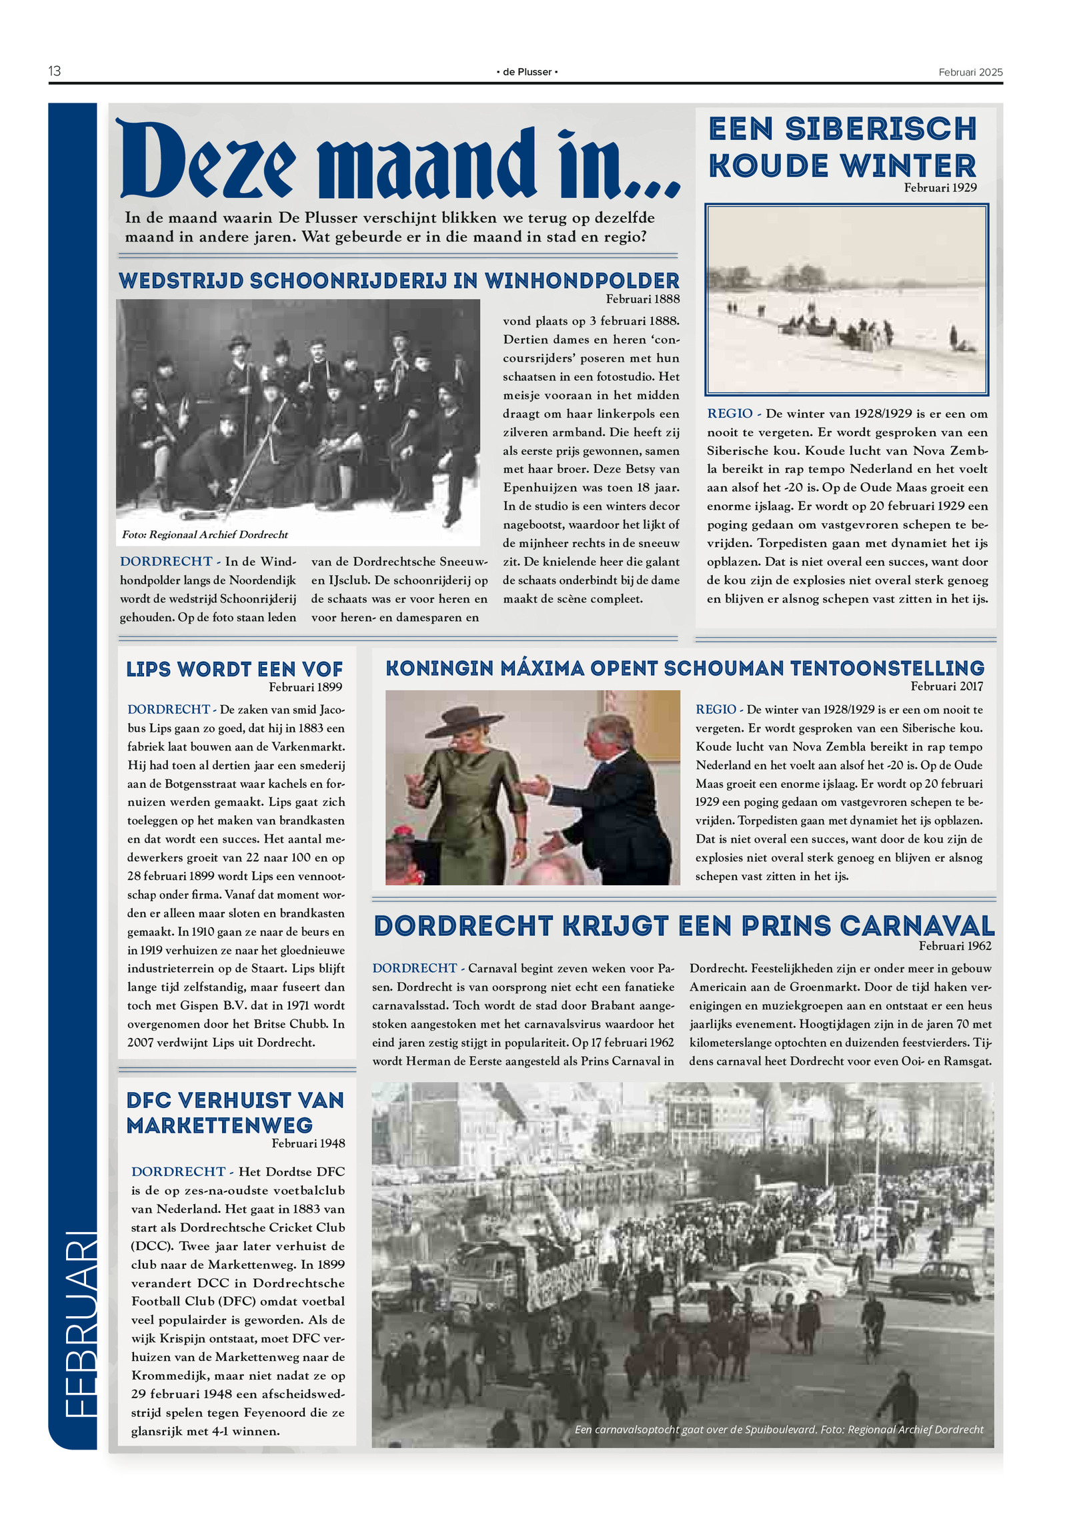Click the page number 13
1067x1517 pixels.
[55, 71]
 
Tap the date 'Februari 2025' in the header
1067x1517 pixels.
[970, 72]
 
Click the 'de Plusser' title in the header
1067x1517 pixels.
[527, 72]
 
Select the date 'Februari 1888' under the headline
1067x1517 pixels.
[642, 299]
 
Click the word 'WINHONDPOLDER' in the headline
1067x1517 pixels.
[582, 281]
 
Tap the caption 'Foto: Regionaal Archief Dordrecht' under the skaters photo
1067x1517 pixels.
[205, 534]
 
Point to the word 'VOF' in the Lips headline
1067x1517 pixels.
[322, 669]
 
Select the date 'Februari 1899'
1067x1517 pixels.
[305, 687]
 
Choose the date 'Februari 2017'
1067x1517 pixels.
[946, 686]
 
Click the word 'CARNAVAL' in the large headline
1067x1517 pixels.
[916, 926]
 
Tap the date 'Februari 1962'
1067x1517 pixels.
[954, 946]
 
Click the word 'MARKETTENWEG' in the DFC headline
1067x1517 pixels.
[219, 1125]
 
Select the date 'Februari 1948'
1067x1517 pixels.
[308, 1143]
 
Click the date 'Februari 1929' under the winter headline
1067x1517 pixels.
[940, 188]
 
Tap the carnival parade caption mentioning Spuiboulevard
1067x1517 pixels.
[778, 1429]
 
